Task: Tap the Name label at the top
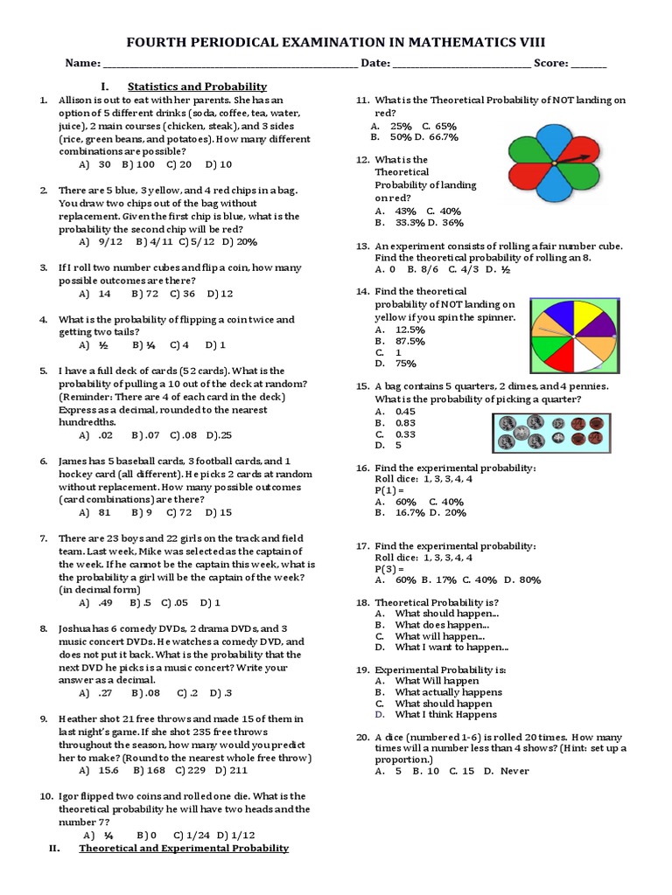coord(81,64)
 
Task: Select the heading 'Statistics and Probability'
coord(197,87)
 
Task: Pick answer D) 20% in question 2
coord(239,241)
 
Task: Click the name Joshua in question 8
coord(77,628)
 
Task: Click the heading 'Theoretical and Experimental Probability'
coord(184,849)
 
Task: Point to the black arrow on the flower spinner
coord(573,159)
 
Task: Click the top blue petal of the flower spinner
coord(554,135)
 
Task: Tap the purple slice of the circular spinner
coord(595,323)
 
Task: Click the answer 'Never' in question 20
coord(514,771)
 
